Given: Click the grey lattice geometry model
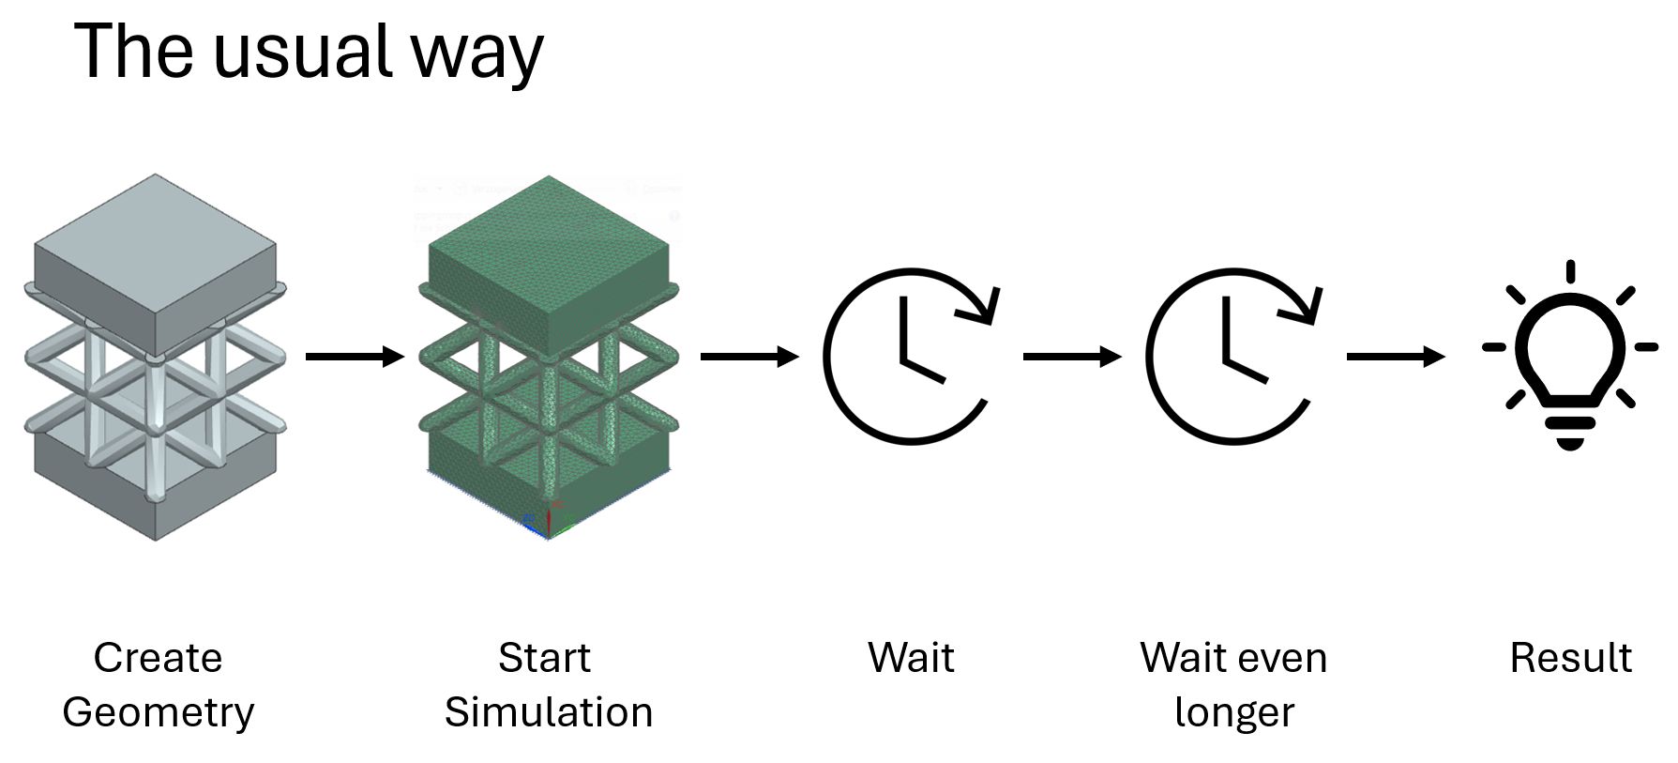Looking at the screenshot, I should [155, 357].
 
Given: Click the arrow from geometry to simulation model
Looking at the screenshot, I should [355, 357].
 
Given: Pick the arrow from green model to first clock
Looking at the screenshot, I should [749, 357].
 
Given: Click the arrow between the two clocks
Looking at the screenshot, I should [1072, 357].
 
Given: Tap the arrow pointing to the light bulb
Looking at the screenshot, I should [1396, 357].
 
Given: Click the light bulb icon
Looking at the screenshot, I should [1570, 357].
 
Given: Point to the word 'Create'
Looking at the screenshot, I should [158, 657].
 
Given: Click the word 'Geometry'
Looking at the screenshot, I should [158, 712].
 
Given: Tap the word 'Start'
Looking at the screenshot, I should [544, 657].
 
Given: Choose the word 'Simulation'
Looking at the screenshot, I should [549, 711].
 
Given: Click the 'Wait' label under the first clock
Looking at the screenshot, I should [911, 657].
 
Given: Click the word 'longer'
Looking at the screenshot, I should [1233, 712].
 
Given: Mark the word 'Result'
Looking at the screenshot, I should [1570, 657].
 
